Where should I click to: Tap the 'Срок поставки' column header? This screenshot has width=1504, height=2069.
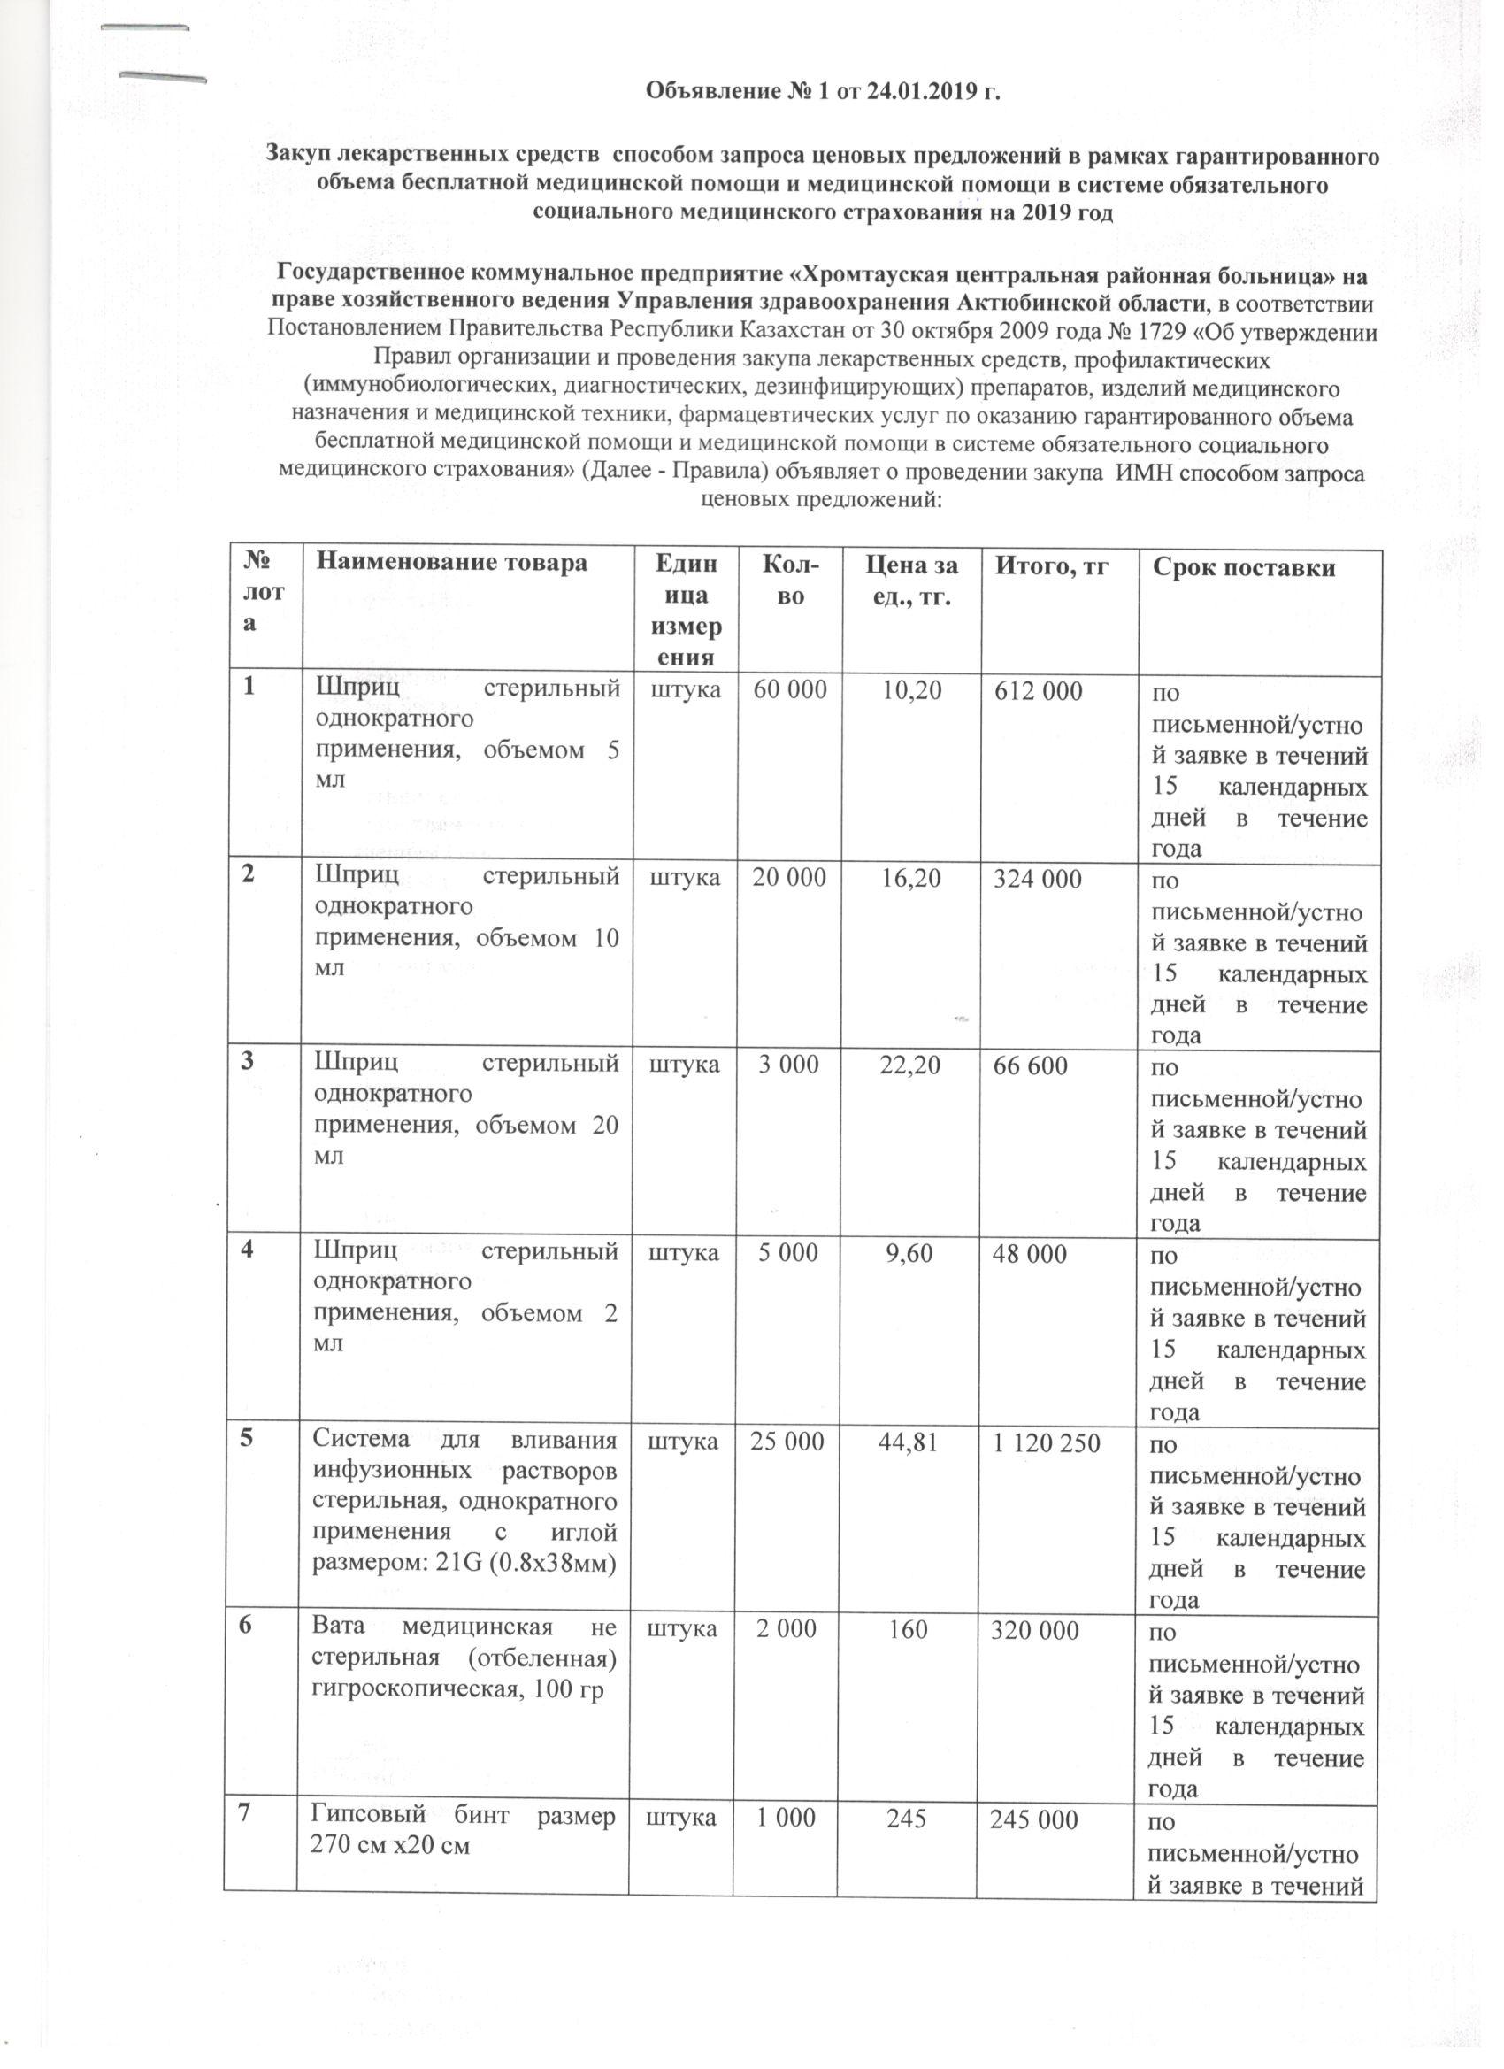(1244, 567)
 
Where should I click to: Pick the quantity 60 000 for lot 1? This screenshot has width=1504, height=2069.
(789, 690)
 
